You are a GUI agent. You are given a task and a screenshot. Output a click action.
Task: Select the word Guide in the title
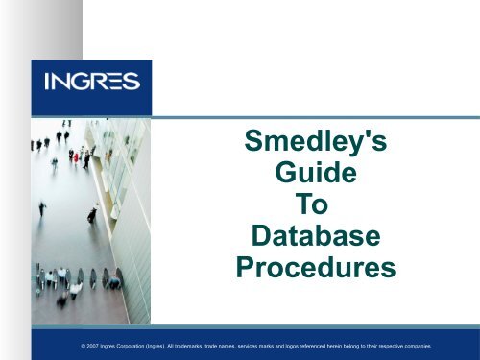[x=316, y=179]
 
